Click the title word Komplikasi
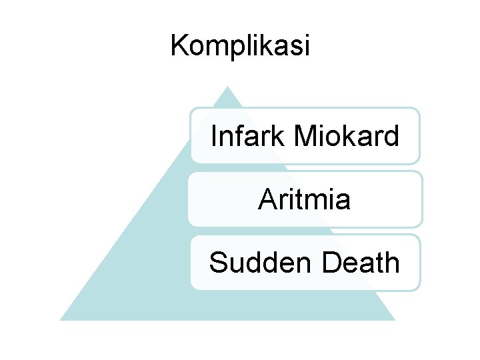(240, 46)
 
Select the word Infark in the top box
(248, 137)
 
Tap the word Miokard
(347, 137)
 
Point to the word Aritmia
(304, 199)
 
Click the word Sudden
(261, 262)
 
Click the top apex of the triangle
(227, 87)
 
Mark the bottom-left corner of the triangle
(61, 319)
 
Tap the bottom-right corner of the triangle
(394, 319)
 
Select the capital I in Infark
(213, 137)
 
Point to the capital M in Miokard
(304, 137)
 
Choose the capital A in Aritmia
(267, 199)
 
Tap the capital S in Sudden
(218, 262)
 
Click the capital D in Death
(331, 262)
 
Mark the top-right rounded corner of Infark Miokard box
(416, 112)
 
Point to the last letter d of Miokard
(392, 137)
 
